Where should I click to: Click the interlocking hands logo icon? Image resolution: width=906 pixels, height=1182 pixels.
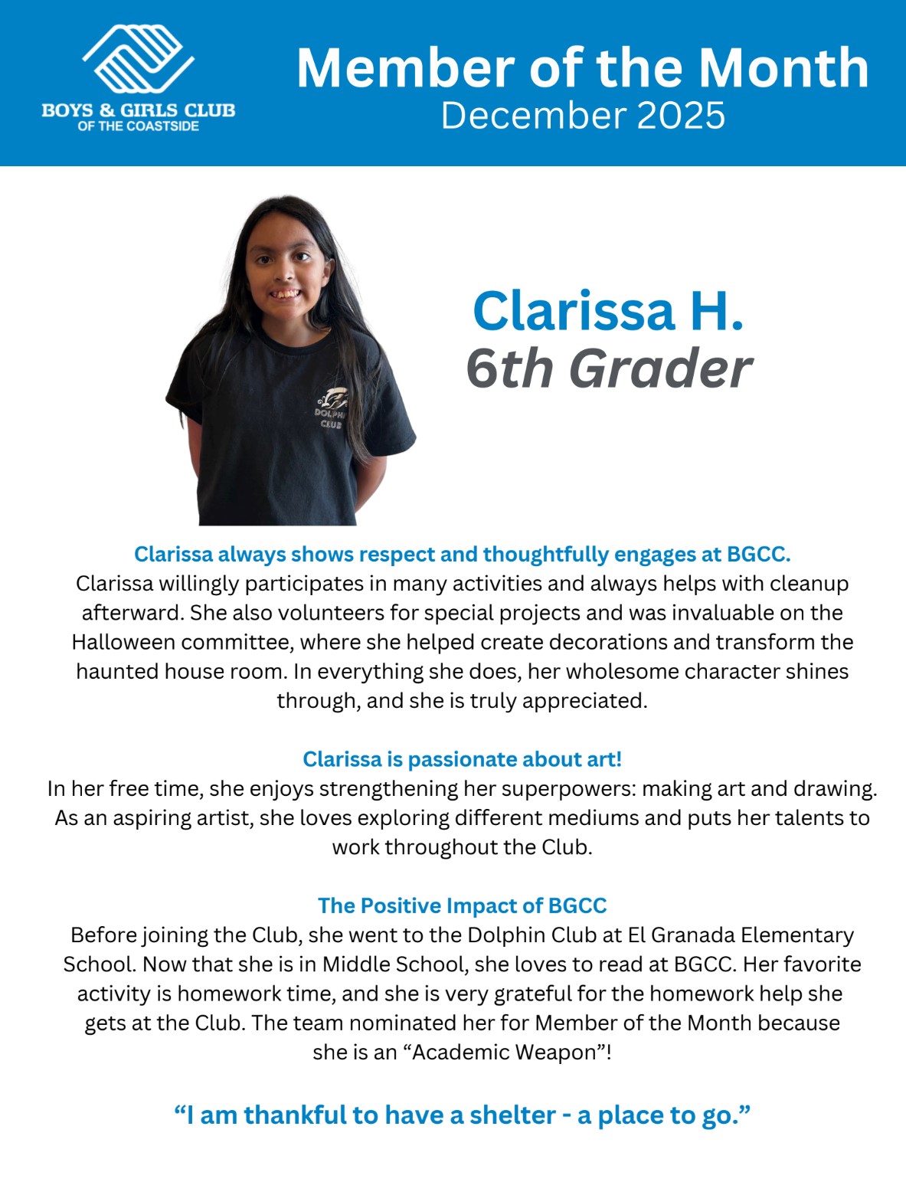click(139, 60)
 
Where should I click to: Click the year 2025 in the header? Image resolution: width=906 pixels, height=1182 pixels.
click(680, 116)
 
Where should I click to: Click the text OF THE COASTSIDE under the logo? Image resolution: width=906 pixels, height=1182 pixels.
click(138, 126)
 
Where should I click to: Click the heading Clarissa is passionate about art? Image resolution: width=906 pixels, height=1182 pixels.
click(462, 759)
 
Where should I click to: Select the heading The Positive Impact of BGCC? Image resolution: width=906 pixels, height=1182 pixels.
click(462, 905)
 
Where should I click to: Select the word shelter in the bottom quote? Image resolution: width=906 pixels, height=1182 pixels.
click(512, 1115)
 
